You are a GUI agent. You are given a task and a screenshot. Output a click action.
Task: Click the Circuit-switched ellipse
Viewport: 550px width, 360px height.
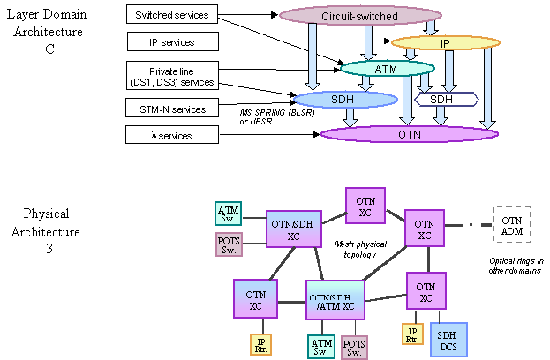360,16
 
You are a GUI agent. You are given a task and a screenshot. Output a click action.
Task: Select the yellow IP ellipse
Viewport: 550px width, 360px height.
445,42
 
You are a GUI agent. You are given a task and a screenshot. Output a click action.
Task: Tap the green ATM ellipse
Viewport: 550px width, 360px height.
387,68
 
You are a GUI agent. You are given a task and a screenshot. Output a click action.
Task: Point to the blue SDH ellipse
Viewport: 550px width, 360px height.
344,100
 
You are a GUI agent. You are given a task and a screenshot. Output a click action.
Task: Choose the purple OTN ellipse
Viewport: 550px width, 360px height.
410,134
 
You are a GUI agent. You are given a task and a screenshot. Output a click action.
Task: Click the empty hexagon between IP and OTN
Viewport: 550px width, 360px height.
446,100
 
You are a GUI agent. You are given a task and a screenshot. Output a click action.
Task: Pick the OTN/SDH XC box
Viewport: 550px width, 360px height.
293,229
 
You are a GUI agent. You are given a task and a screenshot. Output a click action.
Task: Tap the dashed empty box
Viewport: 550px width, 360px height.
511,224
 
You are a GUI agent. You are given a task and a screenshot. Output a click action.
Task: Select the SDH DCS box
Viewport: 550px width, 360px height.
448,340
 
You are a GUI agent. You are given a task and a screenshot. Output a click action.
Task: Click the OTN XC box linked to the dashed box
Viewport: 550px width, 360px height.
425,229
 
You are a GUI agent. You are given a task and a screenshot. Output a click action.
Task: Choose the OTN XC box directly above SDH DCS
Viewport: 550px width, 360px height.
426,291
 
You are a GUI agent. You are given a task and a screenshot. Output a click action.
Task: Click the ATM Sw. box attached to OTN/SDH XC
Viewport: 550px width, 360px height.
228,214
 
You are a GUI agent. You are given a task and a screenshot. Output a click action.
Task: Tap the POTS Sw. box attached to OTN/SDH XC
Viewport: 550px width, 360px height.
228,244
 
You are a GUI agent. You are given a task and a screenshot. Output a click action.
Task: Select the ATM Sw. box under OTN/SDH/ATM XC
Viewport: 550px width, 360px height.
321,347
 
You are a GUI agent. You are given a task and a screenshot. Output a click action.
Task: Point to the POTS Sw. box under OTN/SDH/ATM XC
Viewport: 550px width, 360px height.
354,347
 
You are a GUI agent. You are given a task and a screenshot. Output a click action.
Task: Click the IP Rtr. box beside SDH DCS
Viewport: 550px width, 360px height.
412,334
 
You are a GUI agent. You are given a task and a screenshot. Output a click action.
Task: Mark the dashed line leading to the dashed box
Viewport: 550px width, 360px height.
469,225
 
